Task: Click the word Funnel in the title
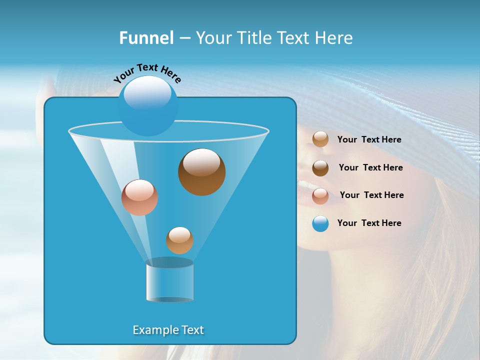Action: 146,38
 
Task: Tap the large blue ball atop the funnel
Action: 148,106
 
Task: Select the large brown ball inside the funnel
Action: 201,172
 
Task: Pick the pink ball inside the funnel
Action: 139,197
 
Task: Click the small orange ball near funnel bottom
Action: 179,240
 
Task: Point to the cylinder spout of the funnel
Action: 170,281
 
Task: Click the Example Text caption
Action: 168,330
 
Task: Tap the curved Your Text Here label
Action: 147,72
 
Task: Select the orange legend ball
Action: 320,139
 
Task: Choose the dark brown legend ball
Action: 320,168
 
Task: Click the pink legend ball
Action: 320,196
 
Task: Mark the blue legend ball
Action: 320,223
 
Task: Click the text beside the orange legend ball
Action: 369,140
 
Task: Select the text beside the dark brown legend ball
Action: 370,167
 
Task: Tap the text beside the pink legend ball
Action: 371,195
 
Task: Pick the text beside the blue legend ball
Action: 369,223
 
